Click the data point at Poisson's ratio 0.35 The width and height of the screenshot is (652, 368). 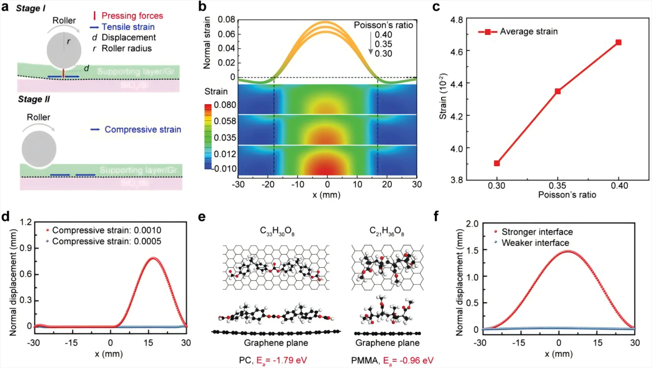pyautogui.click(x=557, y=91)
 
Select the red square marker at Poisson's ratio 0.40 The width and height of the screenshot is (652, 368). pyautogui.click(x=618, y=42)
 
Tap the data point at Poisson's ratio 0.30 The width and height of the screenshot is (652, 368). pyautogui.click(x=497, y=163)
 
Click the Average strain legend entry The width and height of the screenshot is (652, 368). pyautogui.click(x=528, y=32)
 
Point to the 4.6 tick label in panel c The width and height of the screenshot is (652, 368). pyautogui.click(x=456, y=51)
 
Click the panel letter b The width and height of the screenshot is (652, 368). pyautogui.click(x=202, y=6)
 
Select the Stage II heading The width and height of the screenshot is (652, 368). pyautogui.click(x=34, y=99)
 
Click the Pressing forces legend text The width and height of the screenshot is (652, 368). pyautogui.click(x=132, y=16)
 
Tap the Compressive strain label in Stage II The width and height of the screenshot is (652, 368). pyautogui.click(x=143, y=129)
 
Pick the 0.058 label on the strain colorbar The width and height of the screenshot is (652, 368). pyautogui.click(x=225, y=121)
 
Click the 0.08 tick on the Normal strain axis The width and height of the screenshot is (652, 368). pyautogui.click(x=227, y=19)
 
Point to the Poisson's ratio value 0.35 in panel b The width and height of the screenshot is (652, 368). pyautogui.click(x=383, y=44)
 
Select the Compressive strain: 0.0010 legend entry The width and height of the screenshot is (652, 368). pyautogui.click(x=107, y=230)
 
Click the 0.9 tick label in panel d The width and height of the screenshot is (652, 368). pyautogui.click(x=26, y=248)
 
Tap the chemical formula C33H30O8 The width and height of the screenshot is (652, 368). pyautogui.click(x=277, y=231)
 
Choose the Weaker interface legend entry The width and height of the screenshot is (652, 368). pyautogui.click(x=535, y=243)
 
